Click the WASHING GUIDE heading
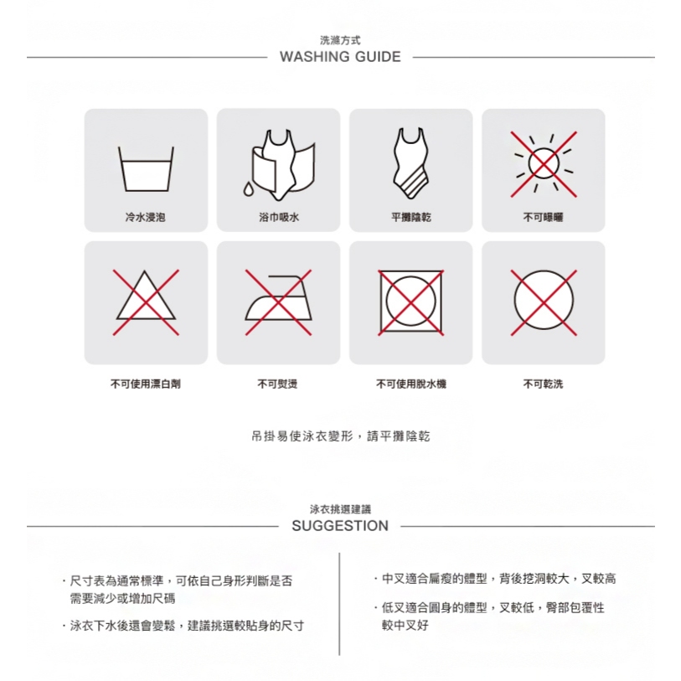pyautogui.click(x=340, y=57)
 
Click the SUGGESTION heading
pyautogui.click(x=340, y=526)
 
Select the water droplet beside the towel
pyautogui.click(x=248, y=189)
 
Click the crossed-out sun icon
pyautogui.click(x=544, y=164)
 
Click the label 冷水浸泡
pyautogui.click(x=146, y=217)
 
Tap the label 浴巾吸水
pyautogui.click(x=279, y=217)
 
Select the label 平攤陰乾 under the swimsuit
pyautogui.click(x=411, y=217)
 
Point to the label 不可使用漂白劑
pyautogui.click(x=146, y=384)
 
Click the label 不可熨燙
pyautogui.click(x=277, y=384)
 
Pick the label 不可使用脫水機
pyautogui.click(x=411, y=384)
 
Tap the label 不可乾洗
pyautogui.click(x=543, y=384)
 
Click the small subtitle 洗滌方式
pyautogui.click(x=340, y=40)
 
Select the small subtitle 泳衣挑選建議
pyautogui.click(x=340, y=509)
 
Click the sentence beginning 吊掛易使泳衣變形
pyautogui.click(x=340, y=436)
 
